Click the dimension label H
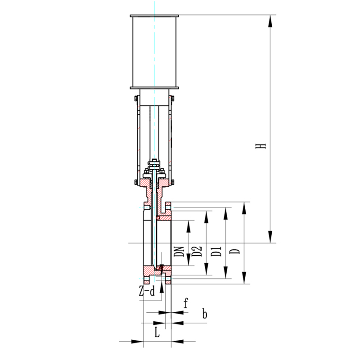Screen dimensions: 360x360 click(x=261, y=146)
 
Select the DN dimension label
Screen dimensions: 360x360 click(x=179, y=252)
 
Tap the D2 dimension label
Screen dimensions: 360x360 click(x=197, y=251)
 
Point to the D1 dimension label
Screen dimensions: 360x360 click(x=216, y=251)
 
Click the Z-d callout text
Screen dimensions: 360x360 click(x=147, y=291)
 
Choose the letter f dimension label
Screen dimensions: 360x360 click(x=186, y=303)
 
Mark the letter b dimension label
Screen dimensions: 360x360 click(x=205, y=314)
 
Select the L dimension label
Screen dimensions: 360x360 click(x=157, y=332)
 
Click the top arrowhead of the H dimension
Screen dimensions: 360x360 click(x=270, y=21)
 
